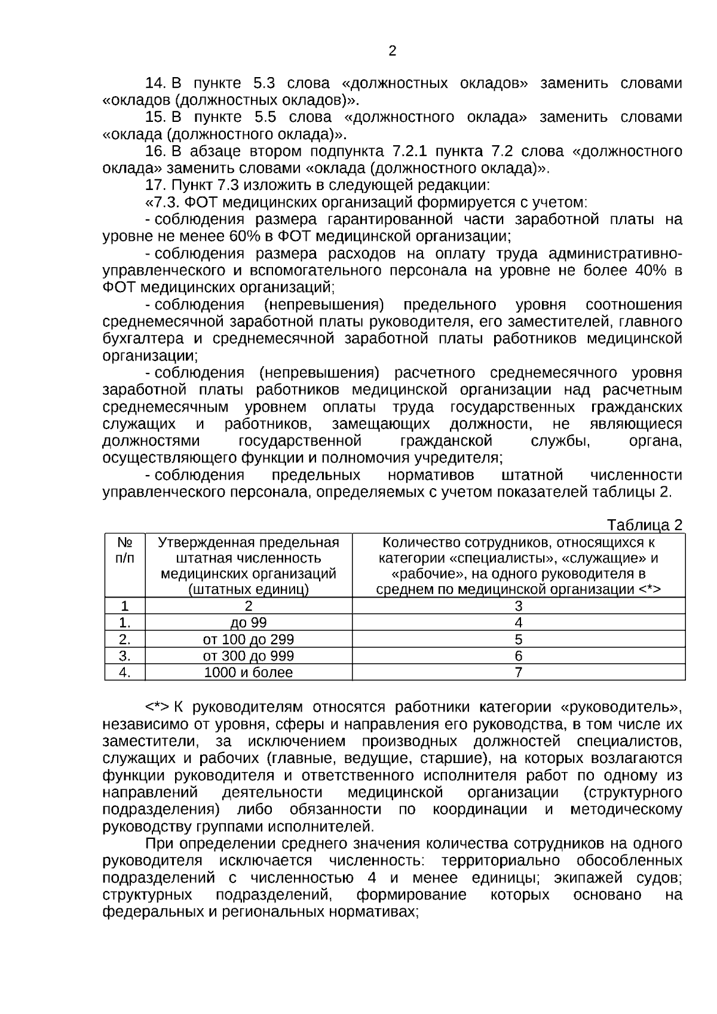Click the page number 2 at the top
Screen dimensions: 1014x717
[392, 51]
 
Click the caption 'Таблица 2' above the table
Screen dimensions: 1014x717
[644, 525]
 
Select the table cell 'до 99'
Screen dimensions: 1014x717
[249, 623]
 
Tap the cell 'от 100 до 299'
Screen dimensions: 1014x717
[249, 639]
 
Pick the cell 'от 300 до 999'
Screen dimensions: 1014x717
[249, 655]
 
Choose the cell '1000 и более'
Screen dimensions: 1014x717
[249, 672]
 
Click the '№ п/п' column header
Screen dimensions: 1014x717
[125, 550]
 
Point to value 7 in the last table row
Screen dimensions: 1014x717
[519, 672]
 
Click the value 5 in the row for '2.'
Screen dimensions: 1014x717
[519, 639]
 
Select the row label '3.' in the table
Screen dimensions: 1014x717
[125, 655]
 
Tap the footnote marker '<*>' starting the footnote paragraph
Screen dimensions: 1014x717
[158, 707]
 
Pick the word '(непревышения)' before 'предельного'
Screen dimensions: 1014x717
[323, 305]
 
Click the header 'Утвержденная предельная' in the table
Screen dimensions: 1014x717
[249, 543]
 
